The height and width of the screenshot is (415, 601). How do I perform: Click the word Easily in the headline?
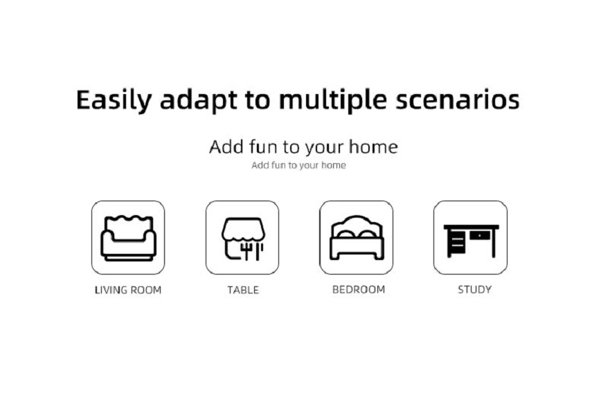coord(114,100)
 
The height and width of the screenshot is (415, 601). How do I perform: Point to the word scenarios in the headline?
coord(457,100)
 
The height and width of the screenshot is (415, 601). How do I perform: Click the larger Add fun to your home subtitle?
coord(303,147)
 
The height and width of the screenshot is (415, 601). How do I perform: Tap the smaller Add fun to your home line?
coord(298,165)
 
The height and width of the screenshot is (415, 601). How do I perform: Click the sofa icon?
coord(128,238)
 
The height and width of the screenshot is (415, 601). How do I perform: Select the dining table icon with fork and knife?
coord(243,239)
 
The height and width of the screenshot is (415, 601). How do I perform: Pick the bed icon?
coord(357,238)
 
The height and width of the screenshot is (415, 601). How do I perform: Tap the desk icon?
coord(471,241)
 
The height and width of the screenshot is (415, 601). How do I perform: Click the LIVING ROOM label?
coord(128,290)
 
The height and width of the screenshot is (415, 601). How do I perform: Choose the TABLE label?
coord(243,290)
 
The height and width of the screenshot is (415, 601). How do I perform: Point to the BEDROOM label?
coord(359,289)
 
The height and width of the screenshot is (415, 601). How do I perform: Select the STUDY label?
coord(474,289)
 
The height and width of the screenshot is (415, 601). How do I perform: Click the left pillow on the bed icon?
coord(345,234)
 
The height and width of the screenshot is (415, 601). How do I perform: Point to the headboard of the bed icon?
coord(357,223)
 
